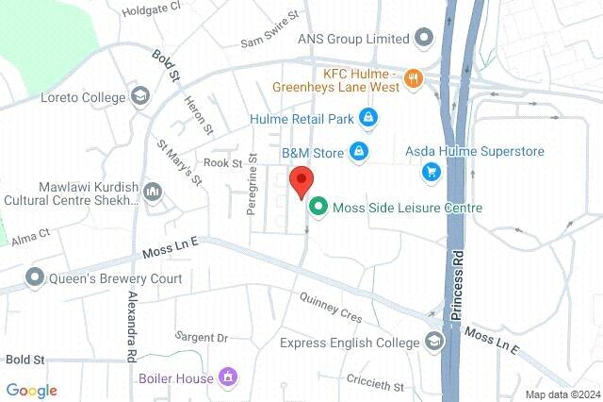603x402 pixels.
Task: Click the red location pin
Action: pyautogui.click(x=301, y=179)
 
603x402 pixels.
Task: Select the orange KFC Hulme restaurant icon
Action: pyautogui.click(x=412, y=78)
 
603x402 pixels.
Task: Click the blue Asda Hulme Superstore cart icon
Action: pyautogui.click(x=431, y=171)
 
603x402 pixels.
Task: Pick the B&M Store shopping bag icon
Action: pyautogui.click(x=358, y=150)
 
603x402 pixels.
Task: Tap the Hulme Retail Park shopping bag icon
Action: pyautogui.click(x=367, y=119)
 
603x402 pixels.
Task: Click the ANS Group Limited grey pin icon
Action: pyautogui.click(x=424, y=39)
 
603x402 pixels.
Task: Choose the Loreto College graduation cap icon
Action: pyautogui.click(x=140, y=96)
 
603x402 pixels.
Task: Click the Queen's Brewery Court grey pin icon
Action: pyautogui.click(x=36, y=277)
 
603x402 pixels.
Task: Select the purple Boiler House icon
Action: pyautogui.click(x=226, y=379)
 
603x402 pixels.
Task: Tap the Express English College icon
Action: pyautogui.click(x=434, y=341)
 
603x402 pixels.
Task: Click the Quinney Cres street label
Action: pyautogui.click(x=330, y=308)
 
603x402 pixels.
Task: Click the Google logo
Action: pyautogui.click(x=31, y=391)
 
